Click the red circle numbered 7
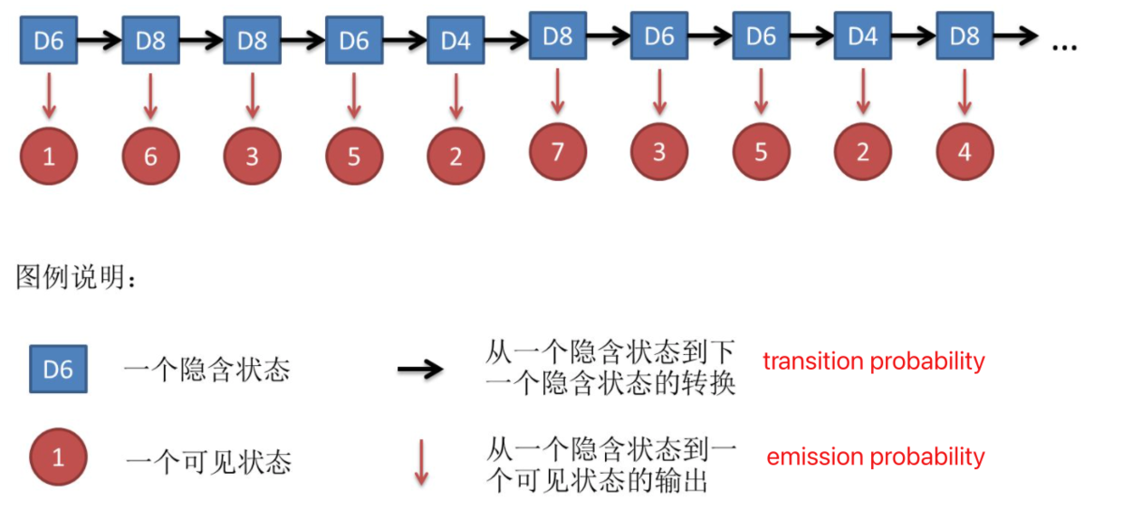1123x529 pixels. point(558,150)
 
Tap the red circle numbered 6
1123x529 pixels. point(150,156)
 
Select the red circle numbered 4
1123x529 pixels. point(965,151)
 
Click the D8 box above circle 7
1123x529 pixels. point(558,36)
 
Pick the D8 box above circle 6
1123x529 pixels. point(150,40)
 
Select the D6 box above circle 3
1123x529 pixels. point(659,36)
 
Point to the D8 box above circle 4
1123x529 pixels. point(965,36)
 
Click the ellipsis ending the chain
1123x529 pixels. point(1064,45)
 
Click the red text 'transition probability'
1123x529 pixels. point(873,361)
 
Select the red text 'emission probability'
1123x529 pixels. point(875,457)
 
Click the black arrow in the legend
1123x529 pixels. point(420,369)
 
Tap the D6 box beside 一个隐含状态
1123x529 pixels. point(58,369)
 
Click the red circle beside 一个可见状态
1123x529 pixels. point(58,457)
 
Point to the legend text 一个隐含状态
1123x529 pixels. point(206,370)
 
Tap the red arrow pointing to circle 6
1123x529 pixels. point(150,96)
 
